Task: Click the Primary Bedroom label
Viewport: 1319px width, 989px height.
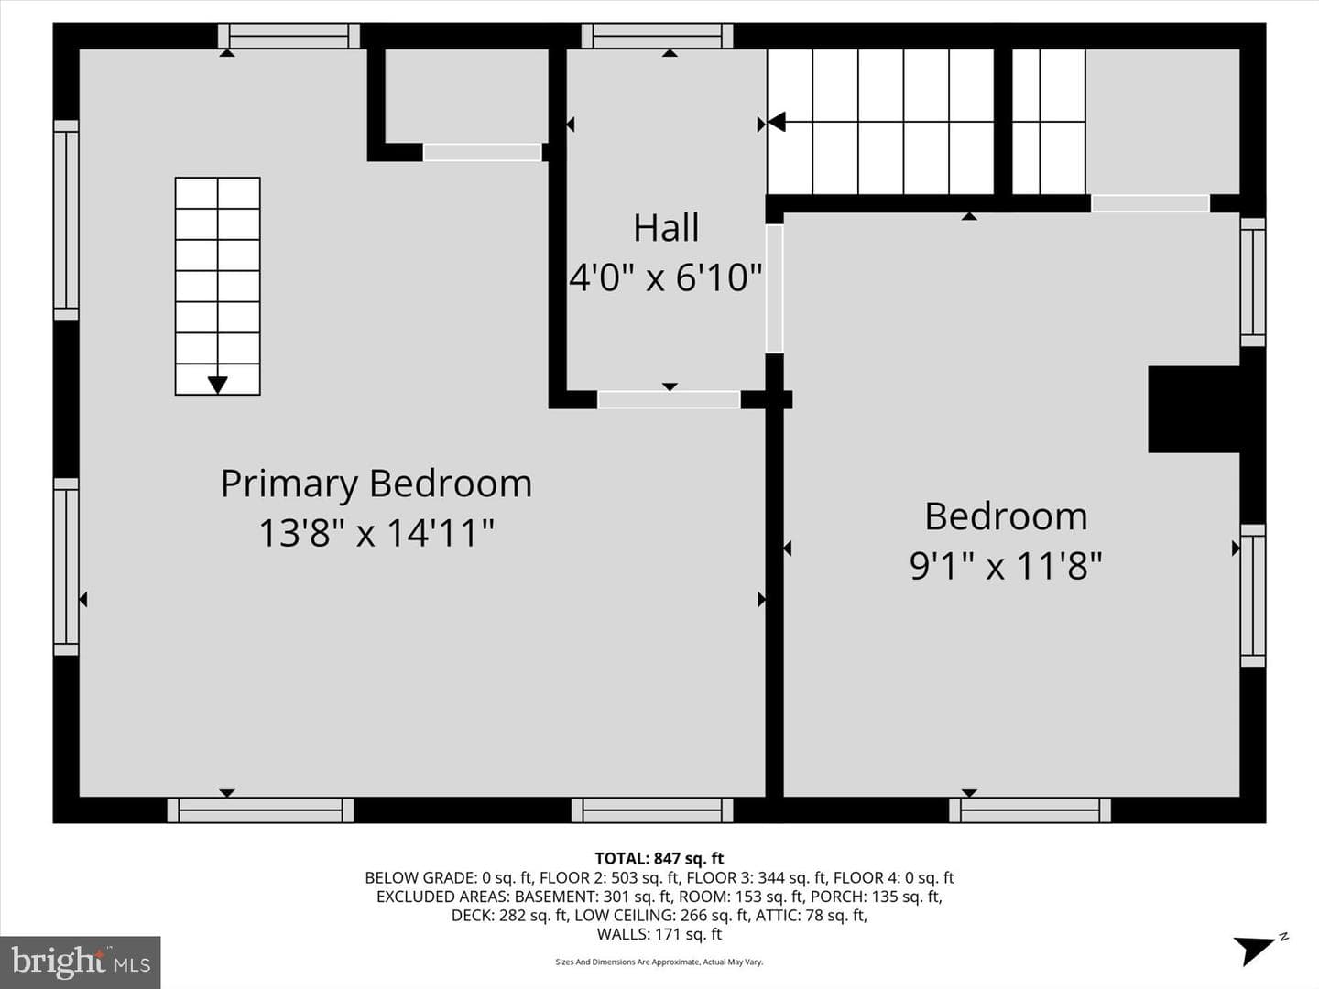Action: coord(376,484)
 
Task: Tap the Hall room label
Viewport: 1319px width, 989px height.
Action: coord(667,228)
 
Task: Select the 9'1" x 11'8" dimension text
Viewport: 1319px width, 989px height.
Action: coord(1006,566)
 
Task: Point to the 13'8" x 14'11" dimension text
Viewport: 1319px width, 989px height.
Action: coord(376,533)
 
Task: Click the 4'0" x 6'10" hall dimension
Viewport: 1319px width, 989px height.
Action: coord(666,277)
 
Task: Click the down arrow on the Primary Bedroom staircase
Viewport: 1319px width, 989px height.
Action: coord(217,385)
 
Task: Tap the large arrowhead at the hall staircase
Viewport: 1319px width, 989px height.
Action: coord(777,122)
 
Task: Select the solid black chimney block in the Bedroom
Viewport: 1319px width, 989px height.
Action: coord(1194,409)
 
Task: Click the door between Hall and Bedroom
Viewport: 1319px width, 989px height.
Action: coord(775,288)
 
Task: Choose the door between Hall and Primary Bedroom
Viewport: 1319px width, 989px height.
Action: coord(669,399)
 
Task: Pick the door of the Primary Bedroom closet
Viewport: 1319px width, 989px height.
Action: coord(483,152)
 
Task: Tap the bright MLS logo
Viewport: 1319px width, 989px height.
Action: coord(80,962)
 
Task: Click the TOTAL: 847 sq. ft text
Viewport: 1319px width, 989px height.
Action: coord(659,858)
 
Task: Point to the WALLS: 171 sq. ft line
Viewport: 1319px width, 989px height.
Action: coord(659,934)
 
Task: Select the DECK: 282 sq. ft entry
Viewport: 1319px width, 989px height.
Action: coord(509,915)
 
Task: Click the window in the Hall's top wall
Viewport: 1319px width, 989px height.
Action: coord(658,36)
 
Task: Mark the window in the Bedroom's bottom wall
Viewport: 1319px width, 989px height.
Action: coord(1030,810)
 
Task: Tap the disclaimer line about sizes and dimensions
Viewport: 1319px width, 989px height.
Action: coord(659,962)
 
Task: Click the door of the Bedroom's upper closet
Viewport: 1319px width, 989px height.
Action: coord(1150,203)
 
